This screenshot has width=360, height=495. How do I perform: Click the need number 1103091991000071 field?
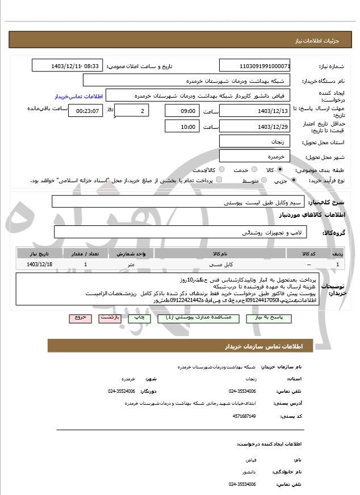[255, 66]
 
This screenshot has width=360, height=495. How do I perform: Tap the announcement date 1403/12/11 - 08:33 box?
[68, 66]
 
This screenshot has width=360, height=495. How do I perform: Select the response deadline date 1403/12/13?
[255, 111]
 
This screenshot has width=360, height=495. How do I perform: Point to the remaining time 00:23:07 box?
[86, 111]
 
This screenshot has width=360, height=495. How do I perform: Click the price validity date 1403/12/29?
[255, 126]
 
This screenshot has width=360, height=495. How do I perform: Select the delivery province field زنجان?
[255, 141]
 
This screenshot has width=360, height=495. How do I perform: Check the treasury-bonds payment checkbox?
[220, 180]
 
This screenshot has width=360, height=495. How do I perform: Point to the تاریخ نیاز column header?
[40, 253]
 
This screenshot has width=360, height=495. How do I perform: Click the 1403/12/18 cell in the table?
[40, 265]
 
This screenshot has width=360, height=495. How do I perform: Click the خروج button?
[80, 318]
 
